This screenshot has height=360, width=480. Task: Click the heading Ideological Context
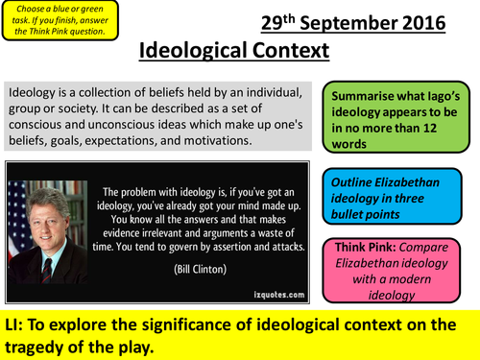pos(236,50)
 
